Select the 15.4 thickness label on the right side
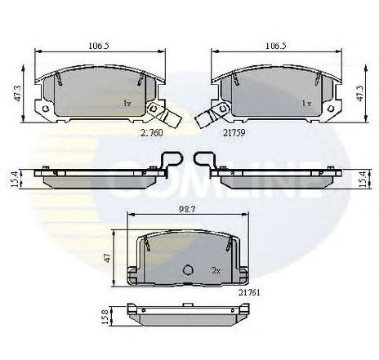361,177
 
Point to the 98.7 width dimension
186,211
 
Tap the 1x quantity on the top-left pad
127,104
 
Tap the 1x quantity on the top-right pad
306,104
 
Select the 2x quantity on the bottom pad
217,269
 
